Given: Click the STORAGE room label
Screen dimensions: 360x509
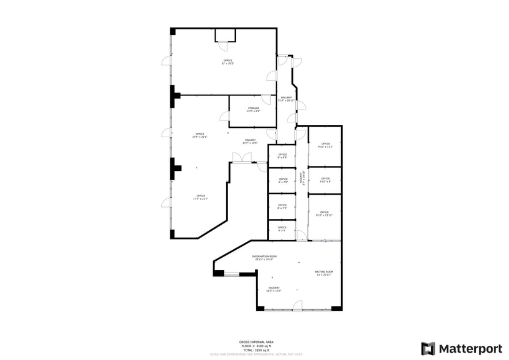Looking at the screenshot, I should point(253,110).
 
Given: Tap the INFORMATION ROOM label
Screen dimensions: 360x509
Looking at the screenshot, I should point(265,258).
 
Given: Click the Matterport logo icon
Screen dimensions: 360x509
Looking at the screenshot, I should point(428,348).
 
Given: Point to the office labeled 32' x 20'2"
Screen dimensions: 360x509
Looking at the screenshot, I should point(228,62).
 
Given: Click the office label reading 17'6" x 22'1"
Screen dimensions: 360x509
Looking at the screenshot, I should point(200,135).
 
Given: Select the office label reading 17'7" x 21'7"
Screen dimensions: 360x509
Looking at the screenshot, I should point(200,197).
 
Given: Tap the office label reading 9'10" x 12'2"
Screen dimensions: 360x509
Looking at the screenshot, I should point(325,145).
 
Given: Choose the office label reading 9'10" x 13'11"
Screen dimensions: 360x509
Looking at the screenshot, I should point(324,214).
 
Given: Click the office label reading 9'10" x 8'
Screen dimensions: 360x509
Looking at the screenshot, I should point(325,180).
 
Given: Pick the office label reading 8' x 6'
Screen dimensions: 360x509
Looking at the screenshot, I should point(282,230).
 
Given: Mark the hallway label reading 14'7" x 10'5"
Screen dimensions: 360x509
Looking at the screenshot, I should point(250,141).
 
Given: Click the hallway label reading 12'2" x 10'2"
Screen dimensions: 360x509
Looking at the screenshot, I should point(273,289).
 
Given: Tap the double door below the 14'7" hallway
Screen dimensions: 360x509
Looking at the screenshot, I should point(242,158).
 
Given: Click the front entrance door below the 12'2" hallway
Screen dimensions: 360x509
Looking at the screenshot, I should point(297,306).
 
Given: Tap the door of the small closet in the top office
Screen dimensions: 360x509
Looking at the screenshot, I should point(224,45).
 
